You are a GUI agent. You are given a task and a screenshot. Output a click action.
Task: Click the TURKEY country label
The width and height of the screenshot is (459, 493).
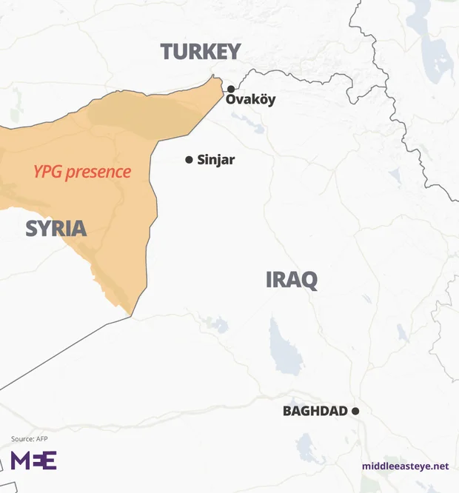(x=201, y=51)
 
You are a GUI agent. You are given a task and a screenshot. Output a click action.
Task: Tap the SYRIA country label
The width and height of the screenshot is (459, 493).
(x=56, y=228)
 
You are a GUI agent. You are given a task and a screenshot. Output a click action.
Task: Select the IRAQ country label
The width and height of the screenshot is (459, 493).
(x=292, y=280)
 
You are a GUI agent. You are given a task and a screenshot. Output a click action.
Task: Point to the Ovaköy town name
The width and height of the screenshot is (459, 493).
(x=250, y=100)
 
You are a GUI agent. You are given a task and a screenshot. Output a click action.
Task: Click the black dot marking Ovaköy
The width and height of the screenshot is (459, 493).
(x=231, y=89)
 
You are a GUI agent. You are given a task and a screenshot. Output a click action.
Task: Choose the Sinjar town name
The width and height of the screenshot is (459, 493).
(x=216, y=160)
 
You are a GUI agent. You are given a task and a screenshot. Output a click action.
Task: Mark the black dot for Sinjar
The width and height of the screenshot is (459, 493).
(x=189, y=160)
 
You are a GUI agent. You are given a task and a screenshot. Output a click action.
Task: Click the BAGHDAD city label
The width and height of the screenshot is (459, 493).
(x=315, y=411)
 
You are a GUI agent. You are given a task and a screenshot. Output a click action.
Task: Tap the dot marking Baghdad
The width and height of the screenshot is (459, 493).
(x=355, y=411)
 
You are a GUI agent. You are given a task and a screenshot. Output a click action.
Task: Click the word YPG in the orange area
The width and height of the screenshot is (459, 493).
(x=47, y=172)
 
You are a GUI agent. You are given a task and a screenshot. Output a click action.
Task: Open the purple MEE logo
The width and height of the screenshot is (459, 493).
(x=33, y=460)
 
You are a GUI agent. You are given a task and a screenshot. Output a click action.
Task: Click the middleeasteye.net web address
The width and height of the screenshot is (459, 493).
(x=405, y=466)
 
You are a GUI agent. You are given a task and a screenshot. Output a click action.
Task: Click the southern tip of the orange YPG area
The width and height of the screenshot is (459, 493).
(x=131, y=315)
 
